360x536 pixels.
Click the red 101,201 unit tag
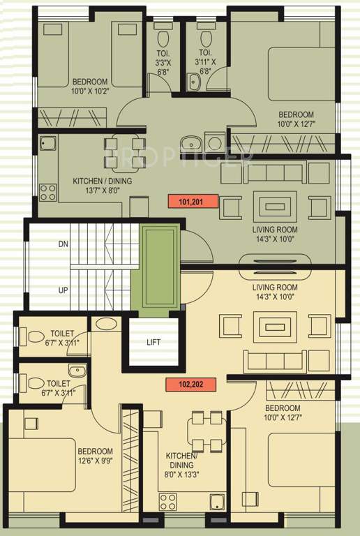point(193,201)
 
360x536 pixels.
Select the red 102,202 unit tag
point(191,385)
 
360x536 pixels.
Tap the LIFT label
point(153,342)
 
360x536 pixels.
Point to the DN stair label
point(63,244)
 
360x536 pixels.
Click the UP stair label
point(63,290)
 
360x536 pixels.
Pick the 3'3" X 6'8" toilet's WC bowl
point(163,38)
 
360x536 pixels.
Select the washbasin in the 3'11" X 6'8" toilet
point(194,82)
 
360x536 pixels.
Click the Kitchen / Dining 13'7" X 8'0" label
point(102,185)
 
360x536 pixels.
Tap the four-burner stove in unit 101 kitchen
point(48,192)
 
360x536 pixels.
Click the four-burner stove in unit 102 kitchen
point(167,501)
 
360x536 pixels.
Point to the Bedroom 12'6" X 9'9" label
point(96,456)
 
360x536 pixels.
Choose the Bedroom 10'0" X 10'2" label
point(90,86)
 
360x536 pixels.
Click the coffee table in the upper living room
point(275,207)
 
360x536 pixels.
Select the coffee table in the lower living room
point(275,327)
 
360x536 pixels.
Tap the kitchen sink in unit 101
point(48,143)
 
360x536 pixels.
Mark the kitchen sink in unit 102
point(217,502)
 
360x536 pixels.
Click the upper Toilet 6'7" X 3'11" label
point(62,338)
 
